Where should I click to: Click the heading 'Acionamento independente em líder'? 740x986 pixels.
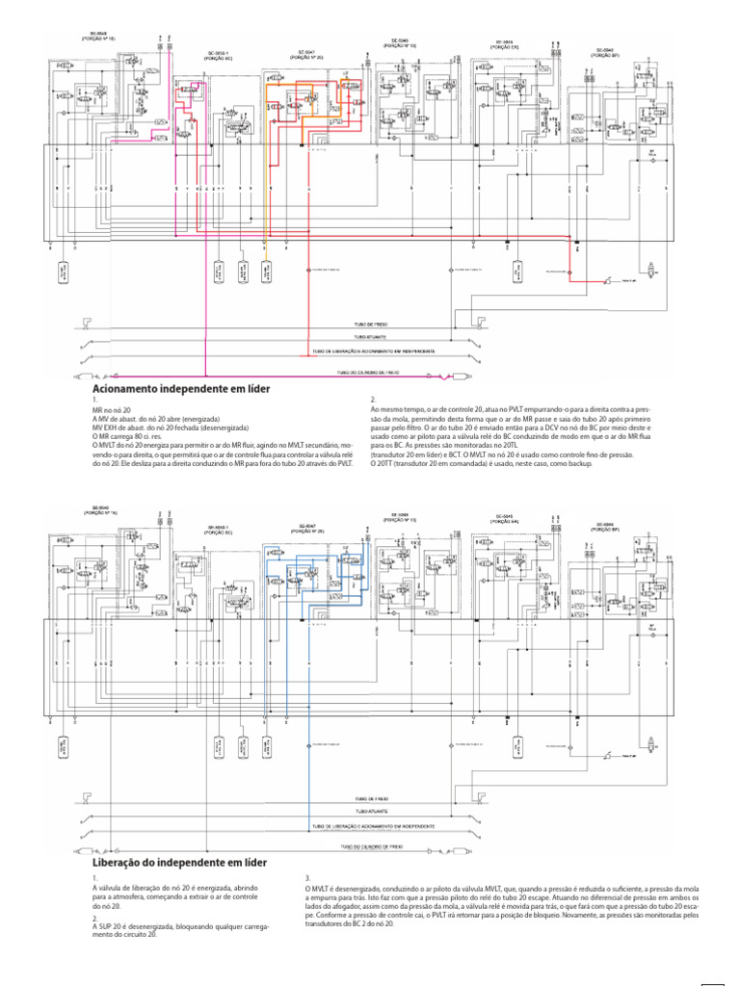(x=180, y=388)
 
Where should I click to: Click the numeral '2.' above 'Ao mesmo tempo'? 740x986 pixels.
(x=374, y=399)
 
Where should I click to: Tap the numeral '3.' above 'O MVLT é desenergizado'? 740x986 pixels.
(x=307, y=878)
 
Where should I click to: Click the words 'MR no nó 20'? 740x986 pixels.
(x=111, y=409)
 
